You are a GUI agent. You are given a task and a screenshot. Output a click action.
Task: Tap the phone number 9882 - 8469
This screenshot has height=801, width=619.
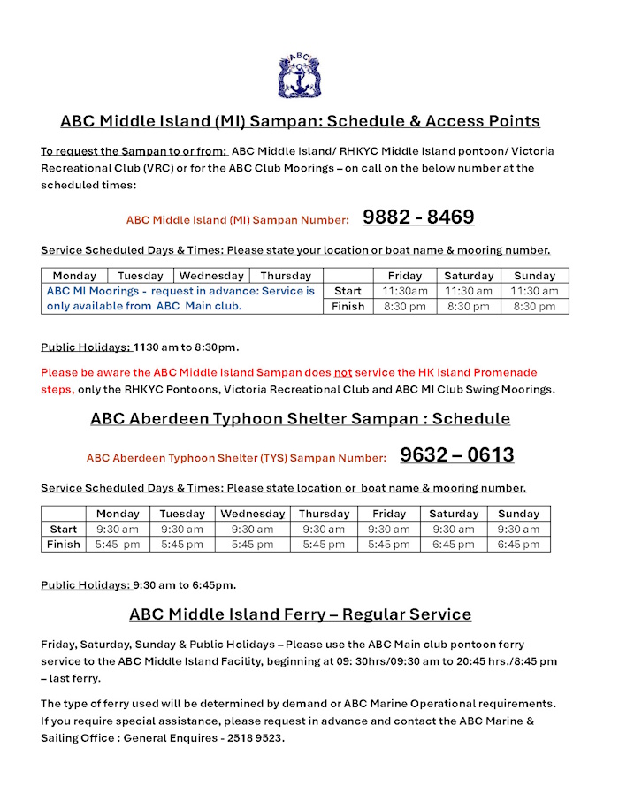(418, 217)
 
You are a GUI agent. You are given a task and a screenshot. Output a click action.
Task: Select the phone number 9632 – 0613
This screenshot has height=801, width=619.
(456, 455)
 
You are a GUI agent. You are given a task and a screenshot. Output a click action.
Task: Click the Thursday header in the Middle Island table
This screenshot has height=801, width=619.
(286, 276)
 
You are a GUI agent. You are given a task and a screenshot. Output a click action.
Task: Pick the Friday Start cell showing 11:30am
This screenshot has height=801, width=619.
(405, 291)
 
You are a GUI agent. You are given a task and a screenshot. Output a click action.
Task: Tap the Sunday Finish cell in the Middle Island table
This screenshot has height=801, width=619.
(535, 306)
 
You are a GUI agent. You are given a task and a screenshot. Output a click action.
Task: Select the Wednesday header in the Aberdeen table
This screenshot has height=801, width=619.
(253, 514)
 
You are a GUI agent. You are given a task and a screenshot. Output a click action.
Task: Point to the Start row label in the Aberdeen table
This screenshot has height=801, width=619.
(63, 529)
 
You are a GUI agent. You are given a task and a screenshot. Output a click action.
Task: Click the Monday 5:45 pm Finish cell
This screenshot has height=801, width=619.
(118, 545)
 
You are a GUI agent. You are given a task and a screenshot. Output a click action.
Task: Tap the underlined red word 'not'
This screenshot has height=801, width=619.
(342, 372)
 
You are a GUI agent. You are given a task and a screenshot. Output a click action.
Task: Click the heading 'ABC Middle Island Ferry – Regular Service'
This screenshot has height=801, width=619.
(300, 614)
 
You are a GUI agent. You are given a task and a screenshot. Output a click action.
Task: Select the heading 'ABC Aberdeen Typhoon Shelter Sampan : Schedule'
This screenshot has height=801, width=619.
(300, 418)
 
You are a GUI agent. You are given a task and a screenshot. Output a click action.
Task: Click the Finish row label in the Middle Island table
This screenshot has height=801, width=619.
(348, 306)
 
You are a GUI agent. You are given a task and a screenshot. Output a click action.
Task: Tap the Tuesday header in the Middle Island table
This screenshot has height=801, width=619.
(141, 276)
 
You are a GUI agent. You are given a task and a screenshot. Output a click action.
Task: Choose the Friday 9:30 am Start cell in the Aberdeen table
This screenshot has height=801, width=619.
(389, 529)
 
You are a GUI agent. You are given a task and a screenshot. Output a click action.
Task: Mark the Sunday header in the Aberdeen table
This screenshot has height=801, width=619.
(518, 514)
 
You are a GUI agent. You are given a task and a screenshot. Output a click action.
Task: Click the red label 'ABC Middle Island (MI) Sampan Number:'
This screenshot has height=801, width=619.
(237, 219)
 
